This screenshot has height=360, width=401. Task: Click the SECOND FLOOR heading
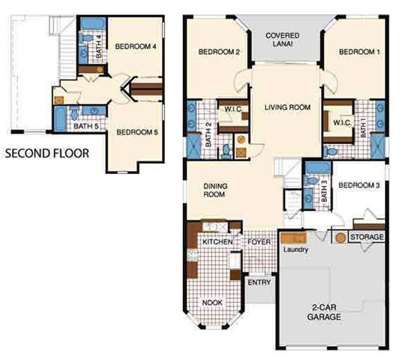(48, 153)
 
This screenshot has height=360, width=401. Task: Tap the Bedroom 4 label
(136, 46)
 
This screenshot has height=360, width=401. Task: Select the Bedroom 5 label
(137, 132)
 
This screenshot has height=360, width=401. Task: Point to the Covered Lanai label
(282, 39)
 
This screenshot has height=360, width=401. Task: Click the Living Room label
(288, 107)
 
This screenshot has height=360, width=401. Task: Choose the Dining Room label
(215, 190)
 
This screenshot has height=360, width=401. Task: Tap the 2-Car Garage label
(324, 312)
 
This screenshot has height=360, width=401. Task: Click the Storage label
(367, 237)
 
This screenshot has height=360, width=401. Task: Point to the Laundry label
(296, 250)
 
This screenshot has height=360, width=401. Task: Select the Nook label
(213, 303)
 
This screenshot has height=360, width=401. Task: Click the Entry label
(259, 282)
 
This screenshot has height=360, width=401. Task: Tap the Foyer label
(259, 242)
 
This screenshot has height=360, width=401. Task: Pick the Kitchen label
(218, 242)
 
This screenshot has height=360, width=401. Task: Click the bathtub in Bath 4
(93, 24)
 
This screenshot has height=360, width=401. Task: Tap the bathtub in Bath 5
(60, 119)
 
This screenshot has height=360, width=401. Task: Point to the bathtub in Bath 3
(318, 168)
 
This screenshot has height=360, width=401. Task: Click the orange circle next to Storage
(340, 238)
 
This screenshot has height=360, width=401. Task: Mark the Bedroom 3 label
(359, 185)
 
